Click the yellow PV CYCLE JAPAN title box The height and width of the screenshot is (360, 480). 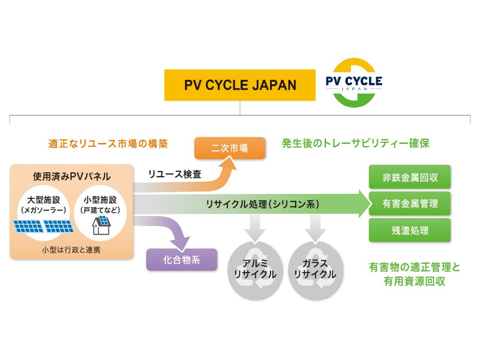click(240, 85)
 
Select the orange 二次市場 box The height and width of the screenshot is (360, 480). click(229, 148)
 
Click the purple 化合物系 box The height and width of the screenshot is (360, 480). click(181, 259)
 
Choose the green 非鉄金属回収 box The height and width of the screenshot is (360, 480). click(410, 177)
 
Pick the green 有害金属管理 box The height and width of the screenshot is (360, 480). click(410, 203)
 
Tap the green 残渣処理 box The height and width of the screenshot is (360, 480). click(410, 231)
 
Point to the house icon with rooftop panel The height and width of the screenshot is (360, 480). click(102, 225)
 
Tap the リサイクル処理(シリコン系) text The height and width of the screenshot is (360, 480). click(262, 204)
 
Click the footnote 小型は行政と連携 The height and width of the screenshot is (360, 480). click(71, 249)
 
